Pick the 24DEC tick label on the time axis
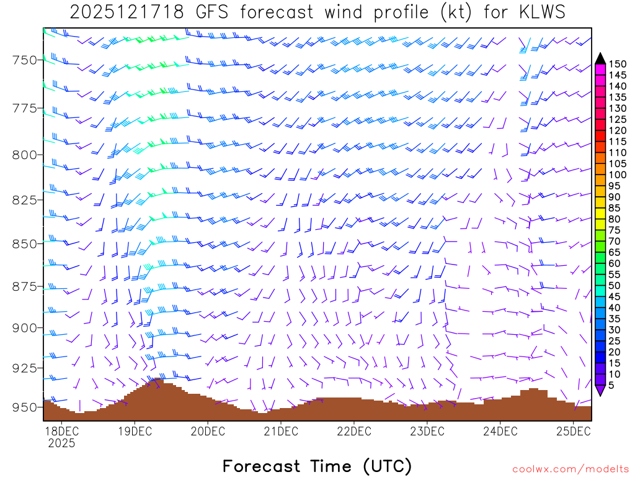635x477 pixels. pos(500,430)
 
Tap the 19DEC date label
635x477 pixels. pos(134,430)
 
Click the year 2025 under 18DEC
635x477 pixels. pos(61,443)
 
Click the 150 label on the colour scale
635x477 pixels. pos(618,63)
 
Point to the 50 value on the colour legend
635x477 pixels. pos(615,286)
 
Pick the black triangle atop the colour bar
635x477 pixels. pos(600,58)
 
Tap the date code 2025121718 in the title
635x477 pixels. pos(118,12)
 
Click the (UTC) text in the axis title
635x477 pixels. pos(387,466)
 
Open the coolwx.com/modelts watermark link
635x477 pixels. pos(570,468)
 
